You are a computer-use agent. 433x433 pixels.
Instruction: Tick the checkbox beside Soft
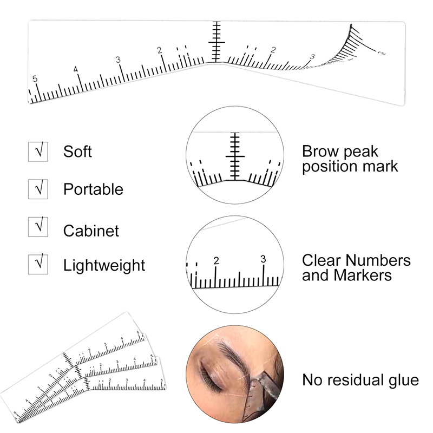pyautogui.click(x=38, y=151)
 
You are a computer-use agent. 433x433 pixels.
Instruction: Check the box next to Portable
pyautogui.click(x=38, y=189)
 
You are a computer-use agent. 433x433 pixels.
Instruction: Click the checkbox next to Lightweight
pyautogui.click(x=38, y=265)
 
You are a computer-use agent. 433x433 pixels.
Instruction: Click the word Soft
pyautogui.click(x=77, y=151)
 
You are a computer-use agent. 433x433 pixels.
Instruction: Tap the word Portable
pyautogui.click(x=93, y=189)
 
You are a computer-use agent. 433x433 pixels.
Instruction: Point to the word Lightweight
pyautogui.click(x=104, y=266)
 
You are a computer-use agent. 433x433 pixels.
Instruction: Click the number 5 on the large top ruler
pyautogui.click(x=35, y=79)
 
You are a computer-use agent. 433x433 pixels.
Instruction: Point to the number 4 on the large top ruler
pyautogui.click(x=76, y=69)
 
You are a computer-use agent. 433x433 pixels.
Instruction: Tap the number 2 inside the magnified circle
pyautogui.click(x=216, y=260)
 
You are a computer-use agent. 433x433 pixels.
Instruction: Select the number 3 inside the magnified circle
pyautogui.click(x=263, y=259)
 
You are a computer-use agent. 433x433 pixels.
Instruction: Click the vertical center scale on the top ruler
pyautogui.click(x=216, y=42)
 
